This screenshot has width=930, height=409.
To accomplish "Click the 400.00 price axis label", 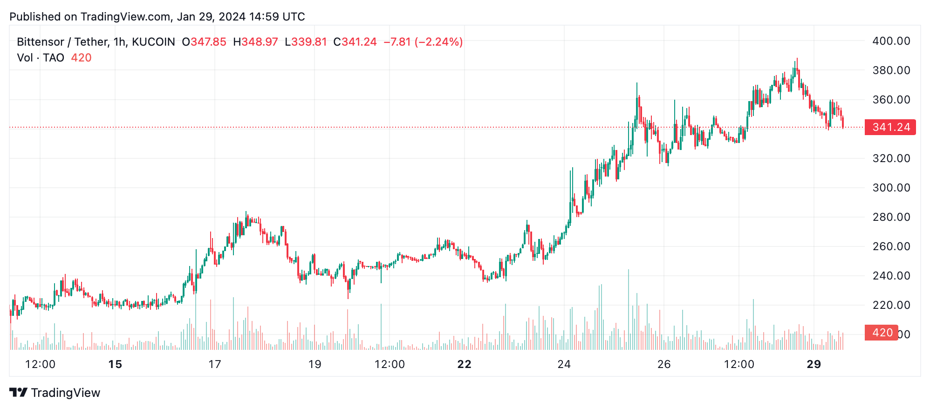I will coord(891,41).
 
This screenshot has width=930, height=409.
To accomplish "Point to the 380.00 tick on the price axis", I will coord(891,70).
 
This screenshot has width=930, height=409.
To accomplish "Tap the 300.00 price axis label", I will coord(891,188).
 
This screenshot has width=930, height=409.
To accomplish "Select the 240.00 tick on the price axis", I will coord(891,276).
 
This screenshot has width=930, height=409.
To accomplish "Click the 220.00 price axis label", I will coord(891,305).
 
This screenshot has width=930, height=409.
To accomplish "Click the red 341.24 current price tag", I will coord(890,127).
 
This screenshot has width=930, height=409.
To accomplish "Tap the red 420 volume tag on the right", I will coord(882,333).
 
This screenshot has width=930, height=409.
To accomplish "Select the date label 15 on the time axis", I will coord(115,364).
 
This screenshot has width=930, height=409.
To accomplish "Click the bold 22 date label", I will coord(464,364).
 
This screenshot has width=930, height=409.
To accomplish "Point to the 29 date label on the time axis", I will coord(814,364).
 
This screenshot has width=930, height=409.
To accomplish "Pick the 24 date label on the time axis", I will coord(564,364).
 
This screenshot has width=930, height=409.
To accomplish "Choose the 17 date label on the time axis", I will coord(214,364).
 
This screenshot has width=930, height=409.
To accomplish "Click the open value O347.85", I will coord(204,42).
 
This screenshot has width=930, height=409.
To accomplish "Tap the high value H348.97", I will coord(255,42).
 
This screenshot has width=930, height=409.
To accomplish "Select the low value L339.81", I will coord(306,42).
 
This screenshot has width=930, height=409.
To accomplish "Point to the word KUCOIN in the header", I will coord(153,42).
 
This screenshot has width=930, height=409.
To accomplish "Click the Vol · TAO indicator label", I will coord(41,58).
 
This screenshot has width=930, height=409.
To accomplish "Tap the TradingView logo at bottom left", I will coord(55,393).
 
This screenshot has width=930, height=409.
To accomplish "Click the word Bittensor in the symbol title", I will coord(41,42).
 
